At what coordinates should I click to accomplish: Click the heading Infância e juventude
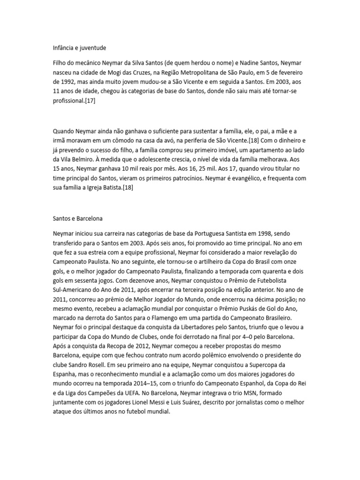coord(79,47)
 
